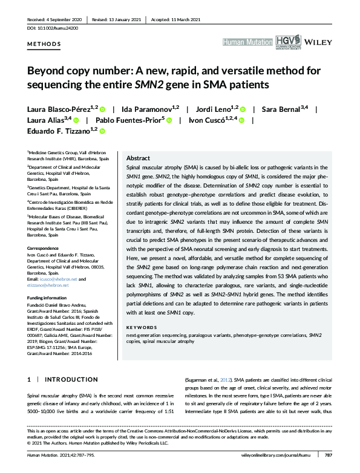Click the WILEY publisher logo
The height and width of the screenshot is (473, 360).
(317, 42)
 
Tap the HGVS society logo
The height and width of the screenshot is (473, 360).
(283, 41)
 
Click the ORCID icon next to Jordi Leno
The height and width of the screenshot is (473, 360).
(243, 109)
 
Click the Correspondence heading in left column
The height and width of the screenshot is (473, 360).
(43, 247)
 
